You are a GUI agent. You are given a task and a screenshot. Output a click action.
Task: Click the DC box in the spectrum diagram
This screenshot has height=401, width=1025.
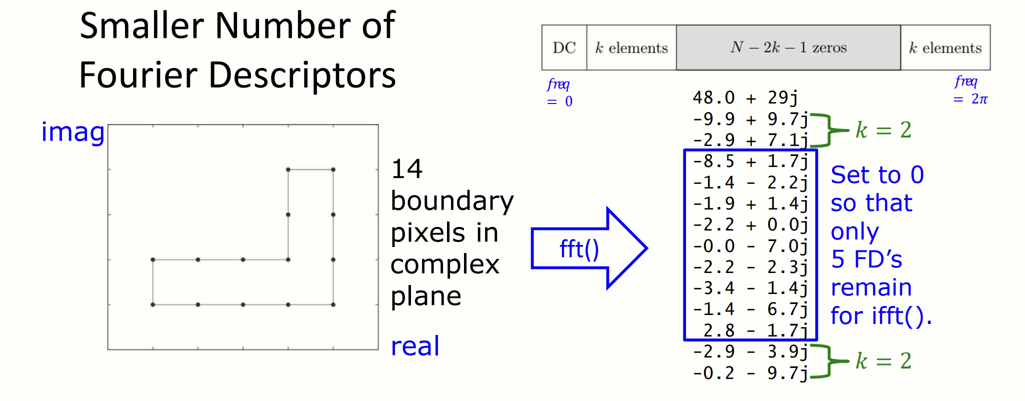click(564, 47)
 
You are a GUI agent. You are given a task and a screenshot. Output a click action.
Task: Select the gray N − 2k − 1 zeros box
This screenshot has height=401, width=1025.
click(788, 47)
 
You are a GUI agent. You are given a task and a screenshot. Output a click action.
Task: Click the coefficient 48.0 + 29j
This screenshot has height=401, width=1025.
click(745, 97)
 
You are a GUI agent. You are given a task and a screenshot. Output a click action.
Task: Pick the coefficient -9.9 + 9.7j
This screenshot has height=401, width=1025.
click(750, 119)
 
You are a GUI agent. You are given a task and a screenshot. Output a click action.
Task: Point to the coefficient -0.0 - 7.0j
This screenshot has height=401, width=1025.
click(750, 246)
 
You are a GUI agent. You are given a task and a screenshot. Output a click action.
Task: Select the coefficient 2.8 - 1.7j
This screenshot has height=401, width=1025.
click(755, 330)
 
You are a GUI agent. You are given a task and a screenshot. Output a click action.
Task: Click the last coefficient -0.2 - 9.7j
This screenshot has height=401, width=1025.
click(750, 373)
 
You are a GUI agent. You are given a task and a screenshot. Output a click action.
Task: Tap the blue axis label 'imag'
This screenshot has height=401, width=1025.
click(73, 132)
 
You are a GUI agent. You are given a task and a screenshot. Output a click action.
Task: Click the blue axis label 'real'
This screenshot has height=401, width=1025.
click(415, 346)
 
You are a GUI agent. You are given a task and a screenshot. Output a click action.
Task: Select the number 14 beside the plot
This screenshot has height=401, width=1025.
click(406, 169)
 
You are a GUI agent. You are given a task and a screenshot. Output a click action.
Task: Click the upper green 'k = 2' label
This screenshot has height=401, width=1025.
click(883, 130)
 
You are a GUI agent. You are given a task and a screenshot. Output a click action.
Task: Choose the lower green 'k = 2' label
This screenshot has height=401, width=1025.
click(883, 360)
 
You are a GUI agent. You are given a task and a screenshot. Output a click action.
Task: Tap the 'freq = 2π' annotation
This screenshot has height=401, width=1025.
click(970, 90)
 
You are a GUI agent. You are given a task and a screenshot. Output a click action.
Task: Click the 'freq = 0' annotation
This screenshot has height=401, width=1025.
click(559, 92)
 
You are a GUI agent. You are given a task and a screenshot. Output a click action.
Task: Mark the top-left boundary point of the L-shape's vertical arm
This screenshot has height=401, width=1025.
click(288, 169)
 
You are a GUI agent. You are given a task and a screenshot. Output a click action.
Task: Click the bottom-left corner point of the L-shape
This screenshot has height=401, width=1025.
click(153, 304)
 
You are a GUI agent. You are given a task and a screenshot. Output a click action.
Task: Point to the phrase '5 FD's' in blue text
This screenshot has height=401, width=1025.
click(866, 259)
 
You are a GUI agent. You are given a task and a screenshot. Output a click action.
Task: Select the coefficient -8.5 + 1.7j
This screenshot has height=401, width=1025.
click(750, 161)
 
